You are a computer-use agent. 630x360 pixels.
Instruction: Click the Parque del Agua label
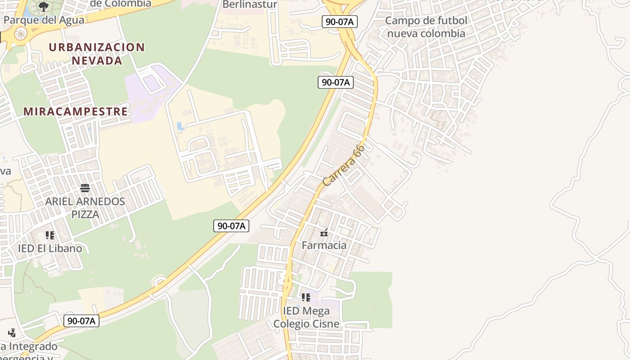[44, 20]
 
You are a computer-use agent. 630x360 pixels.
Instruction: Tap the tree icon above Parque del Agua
[44, 6]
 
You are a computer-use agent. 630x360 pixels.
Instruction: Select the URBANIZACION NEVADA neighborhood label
[97, 54]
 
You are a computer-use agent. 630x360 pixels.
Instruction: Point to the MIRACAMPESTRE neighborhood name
[76, 112]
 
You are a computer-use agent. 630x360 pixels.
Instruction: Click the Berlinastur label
[250, 4]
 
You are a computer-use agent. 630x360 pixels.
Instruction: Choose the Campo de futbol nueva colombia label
[426, 27]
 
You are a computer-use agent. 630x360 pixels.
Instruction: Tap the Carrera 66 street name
[343, 165]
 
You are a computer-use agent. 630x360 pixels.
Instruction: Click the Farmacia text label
[324, 245]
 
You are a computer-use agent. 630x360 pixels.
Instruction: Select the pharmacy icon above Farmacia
[324, 233]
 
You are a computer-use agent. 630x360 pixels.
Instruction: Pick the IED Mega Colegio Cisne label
[306, 317]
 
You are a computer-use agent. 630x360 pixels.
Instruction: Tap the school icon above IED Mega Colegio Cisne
[306, 297]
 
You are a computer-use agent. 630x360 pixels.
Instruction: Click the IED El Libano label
[50, 248]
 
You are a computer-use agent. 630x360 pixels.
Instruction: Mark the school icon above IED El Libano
[50, 235]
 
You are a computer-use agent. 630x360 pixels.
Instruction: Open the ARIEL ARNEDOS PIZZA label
[85, 207]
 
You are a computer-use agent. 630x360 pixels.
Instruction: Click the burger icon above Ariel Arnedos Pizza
[85, 188]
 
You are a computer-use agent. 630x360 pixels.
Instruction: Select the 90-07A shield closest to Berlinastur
[339, 22]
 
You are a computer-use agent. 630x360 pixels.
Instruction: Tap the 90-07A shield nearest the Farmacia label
[231, 226]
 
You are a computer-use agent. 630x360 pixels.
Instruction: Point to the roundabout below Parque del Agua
[21, 33]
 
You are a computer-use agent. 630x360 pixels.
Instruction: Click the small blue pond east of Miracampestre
[181, 126]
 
